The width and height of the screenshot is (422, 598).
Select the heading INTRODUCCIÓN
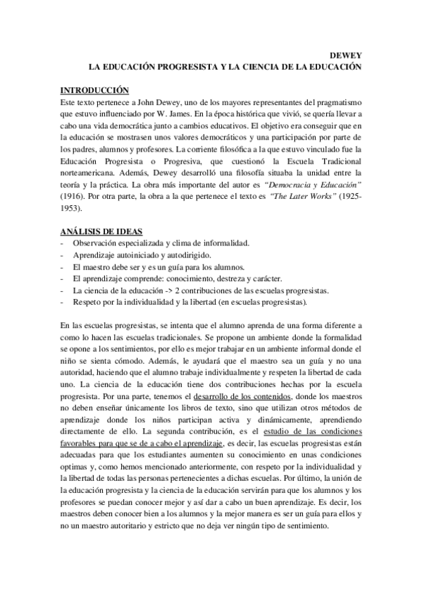tap(96, 90)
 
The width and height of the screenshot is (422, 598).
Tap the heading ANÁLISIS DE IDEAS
tap(102, 231)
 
